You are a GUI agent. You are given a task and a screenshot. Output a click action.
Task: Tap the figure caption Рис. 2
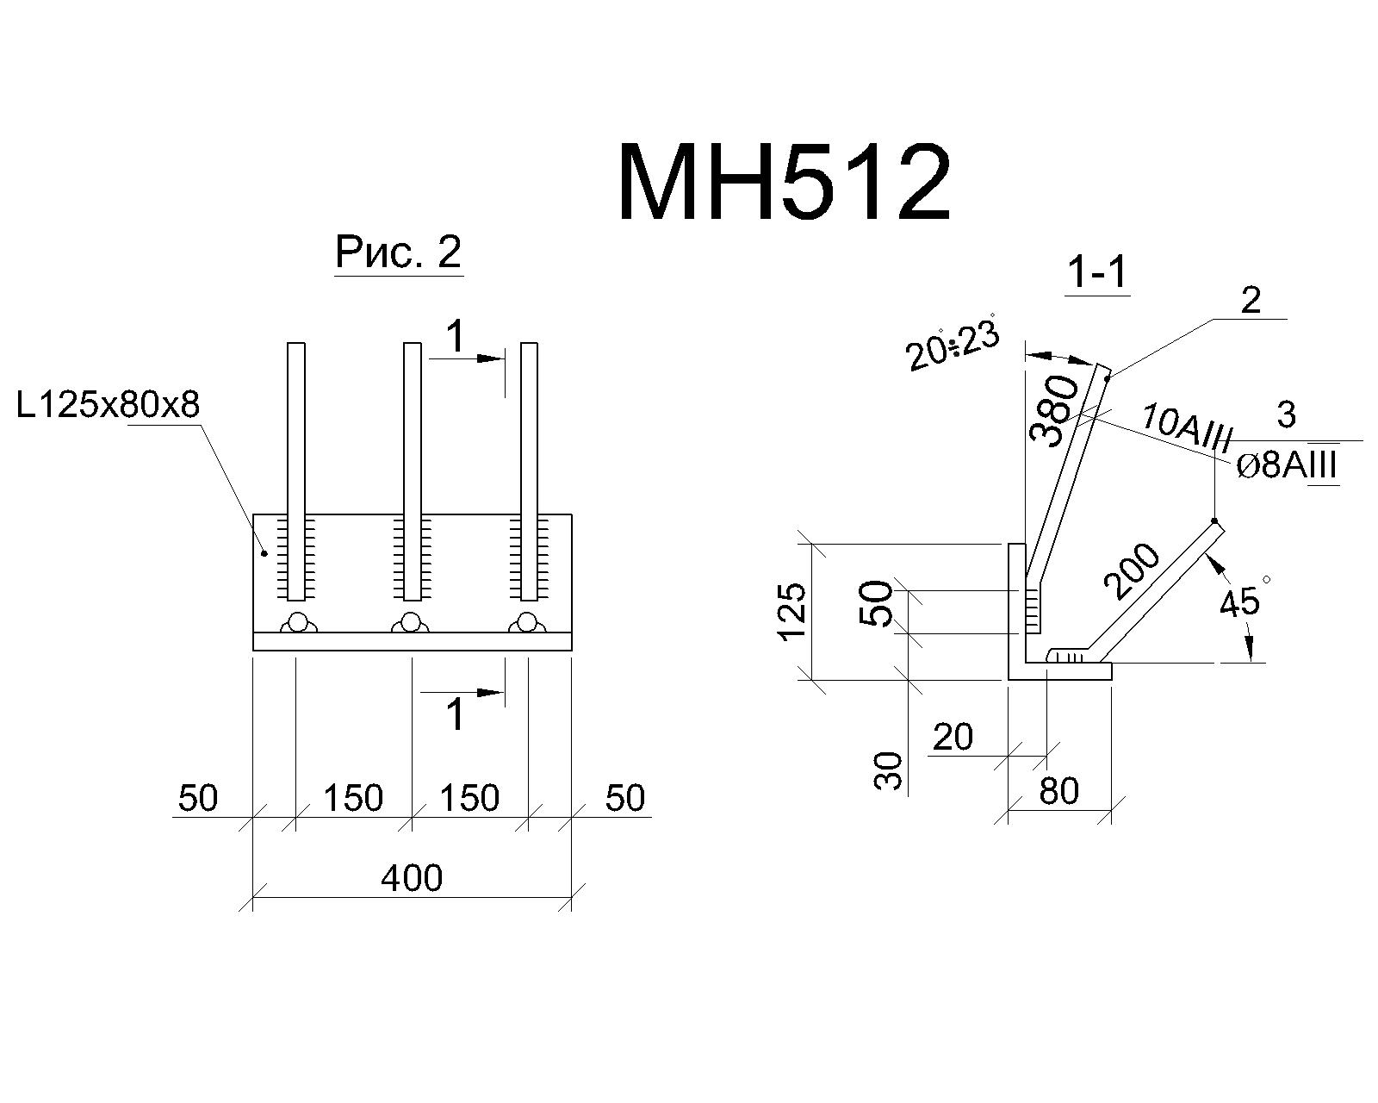point(398,252)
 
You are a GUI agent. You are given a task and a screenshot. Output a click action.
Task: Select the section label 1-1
point(1097,273)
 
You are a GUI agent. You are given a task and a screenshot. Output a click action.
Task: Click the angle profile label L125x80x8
point(108,405)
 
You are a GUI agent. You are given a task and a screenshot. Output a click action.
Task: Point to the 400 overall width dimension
point(412,877)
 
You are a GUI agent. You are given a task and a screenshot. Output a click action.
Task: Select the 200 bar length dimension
point(1132,571)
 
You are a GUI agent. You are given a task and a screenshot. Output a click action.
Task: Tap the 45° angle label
point(1243,597)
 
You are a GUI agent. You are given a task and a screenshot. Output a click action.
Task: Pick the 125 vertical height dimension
point(792,611)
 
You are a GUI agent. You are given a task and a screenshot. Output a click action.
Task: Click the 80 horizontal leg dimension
point(1059,791)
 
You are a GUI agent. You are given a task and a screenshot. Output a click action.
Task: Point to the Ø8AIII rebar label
point(1287,466)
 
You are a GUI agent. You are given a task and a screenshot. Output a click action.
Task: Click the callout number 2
point(1250,301)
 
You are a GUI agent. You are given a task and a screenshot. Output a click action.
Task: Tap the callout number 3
point(1286,414)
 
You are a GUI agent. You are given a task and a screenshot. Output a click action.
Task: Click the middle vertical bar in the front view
point(412,471)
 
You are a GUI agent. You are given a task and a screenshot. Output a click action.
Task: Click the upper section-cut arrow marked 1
point(468,358)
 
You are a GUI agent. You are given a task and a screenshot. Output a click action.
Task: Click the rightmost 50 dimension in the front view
point(624,799)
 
